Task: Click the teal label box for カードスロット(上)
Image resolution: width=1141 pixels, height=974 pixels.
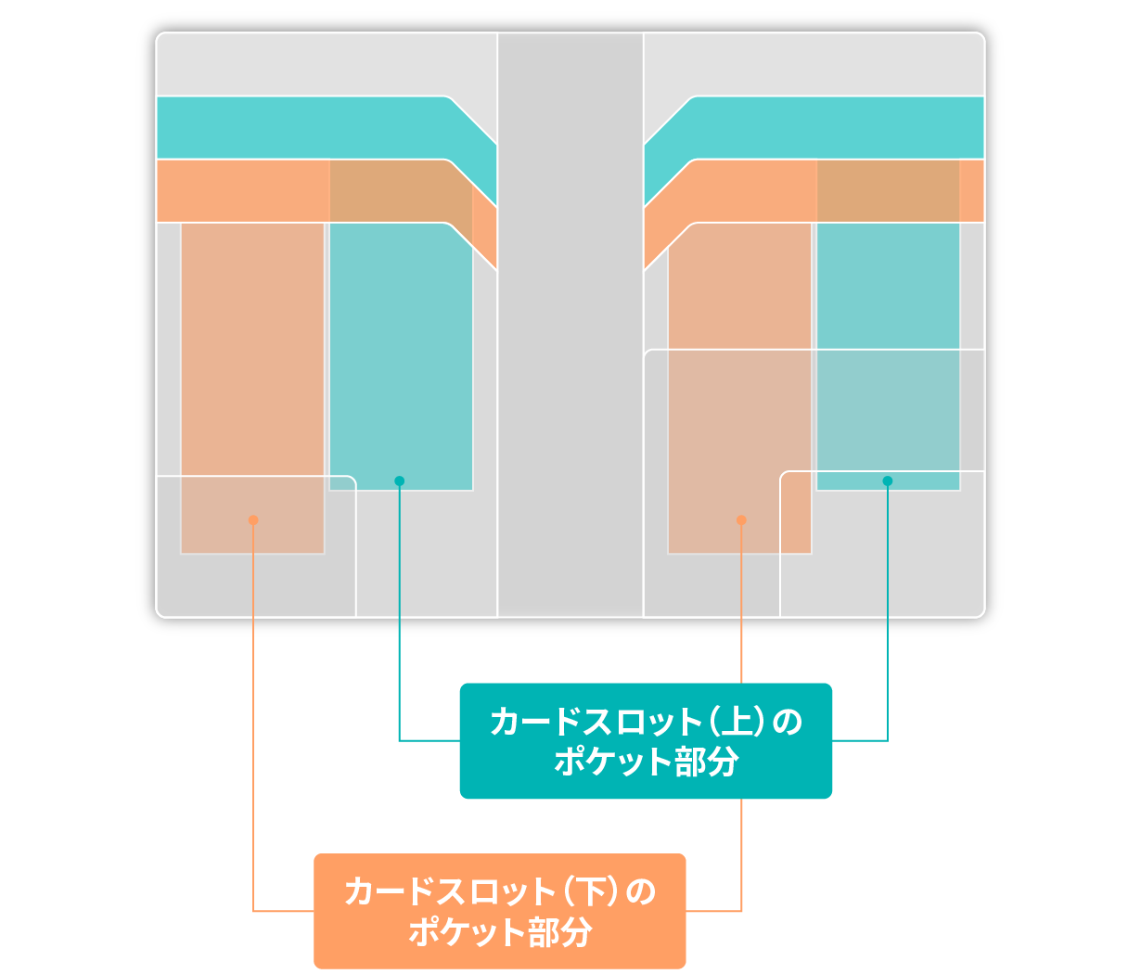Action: pyautogui.click(x=646, y=740)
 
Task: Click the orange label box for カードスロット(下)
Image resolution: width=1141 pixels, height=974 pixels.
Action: pyautogui.click(x=499, y=911)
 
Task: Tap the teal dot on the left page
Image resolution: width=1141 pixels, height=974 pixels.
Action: pyautogui.click(x=400, y=481)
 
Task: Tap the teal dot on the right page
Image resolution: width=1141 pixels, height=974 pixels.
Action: pyautogui.click(x=888, y=481)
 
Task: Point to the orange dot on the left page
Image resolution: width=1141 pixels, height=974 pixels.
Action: pyautogui.click(x=253, y=520)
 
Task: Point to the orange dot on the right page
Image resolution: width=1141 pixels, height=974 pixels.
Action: pyautogui.click(x=741, y=520)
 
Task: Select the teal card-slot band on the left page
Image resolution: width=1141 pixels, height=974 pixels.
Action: pyautogui.click(x=306, y=127)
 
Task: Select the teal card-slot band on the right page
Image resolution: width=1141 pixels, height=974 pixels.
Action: pyautogui.click(x=835, y=127)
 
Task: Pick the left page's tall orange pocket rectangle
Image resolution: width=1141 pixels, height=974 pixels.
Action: pyautogui.click(x=252, y=371)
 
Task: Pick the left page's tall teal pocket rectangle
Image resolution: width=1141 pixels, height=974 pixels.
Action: pyautogui.click(x=401, y=352)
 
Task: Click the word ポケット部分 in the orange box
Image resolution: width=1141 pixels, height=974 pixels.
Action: pyautogui.click(x=499, y=932)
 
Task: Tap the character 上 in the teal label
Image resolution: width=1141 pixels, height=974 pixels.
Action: pyautogui.click(x=736, y=722)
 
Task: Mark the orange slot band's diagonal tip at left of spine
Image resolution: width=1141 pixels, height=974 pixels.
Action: pyautogui.click(x=484, y=237)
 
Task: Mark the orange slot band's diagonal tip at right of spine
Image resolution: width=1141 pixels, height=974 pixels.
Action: pyautogui.click(x=657, y=237)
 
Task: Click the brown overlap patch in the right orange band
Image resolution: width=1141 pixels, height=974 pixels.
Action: pyautogui.click(x=888, y=191)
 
